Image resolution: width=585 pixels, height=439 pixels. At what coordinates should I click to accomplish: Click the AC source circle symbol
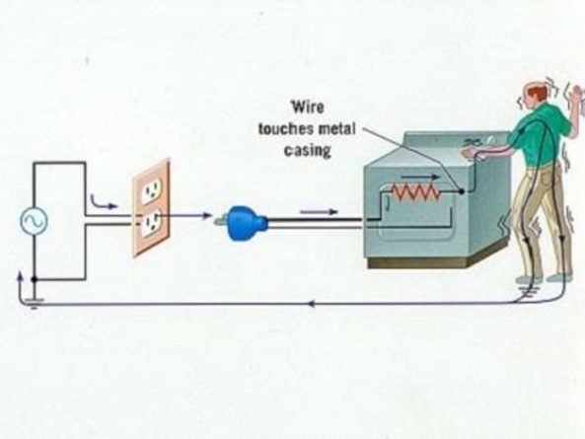point(34,221)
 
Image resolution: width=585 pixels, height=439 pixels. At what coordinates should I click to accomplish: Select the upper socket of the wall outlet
point(152,191)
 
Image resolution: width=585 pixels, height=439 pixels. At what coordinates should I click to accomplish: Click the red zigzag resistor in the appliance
point(415,191)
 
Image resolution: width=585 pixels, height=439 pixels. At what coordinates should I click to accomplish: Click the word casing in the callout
point(308,150)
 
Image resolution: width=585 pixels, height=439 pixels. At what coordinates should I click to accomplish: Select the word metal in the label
point(337,128)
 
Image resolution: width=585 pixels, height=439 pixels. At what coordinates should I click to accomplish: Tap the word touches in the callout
point(286,129)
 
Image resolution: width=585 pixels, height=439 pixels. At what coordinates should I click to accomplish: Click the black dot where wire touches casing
point(461,191)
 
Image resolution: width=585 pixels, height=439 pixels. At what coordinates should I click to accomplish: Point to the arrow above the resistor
point(421,177)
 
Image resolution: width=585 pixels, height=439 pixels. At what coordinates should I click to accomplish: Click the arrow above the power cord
point(319,212)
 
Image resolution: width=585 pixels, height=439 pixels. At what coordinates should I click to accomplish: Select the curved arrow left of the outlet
point(103,203)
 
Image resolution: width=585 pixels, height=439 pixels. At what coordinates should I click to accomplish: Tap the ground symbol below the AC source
point(34,303)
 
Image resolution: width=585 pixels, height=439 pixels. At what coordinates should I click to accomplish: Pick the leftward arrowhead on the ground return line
point(313,304)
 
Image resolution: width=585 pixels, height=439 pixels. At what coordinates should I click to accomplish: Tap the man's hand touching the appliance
point(471,153)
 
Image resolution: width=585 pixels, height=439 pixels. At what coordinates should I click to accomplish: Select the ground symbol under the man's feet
point(527,291)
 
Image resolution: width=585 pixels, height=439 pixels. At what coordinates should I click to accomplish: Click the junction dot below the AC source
point(34,279)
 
